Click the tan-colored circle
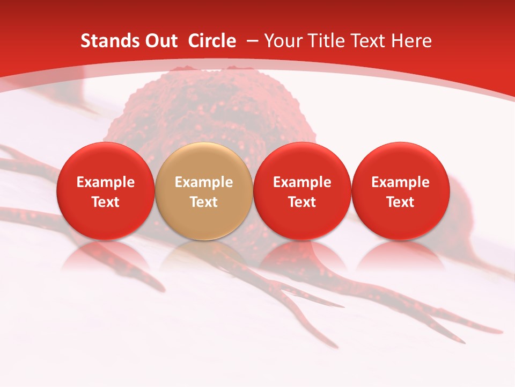tap(204, 191)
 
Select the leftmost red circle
tap(105, 191)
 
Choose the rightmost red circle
tap(400, 191)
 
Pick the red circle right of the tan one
tap(302, 191)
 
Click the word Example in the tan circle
tap(204, 182)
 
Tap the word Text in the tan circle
tap(204, 202)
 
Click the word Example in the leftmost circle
tap(105, 182)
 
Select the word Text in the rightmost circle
tap(400, 202)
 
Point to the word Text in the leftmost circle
tap(105, 202)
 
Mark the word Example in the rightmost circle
tap(400, 182)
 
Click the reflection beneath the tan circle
tap(204, 255)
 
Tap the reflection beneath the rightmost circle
tap(400, 255)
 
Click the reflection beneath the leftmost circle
tap(105, 255)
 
